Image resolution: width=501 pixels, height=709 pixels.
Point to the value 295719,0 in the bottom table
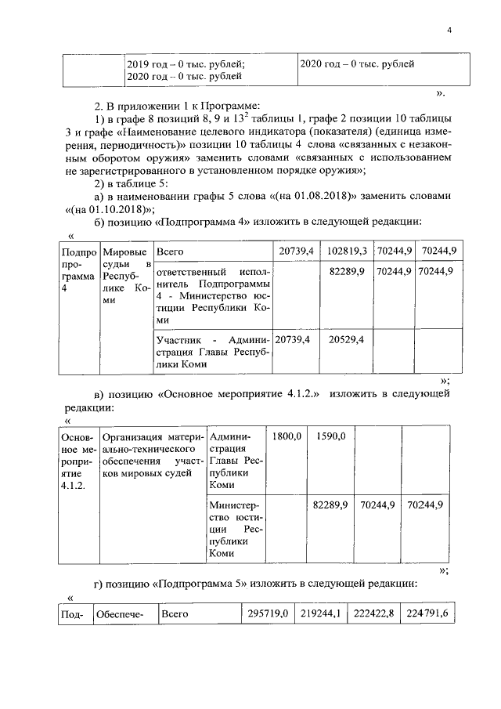266,614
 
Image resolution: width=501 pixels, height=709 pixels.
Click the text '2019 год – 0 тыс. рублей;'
186,63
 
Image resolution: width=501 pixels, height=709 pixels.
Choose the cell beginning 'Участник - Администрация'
212,352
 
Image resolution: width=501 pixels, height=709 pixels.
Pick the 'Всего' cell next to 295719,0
175,614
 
